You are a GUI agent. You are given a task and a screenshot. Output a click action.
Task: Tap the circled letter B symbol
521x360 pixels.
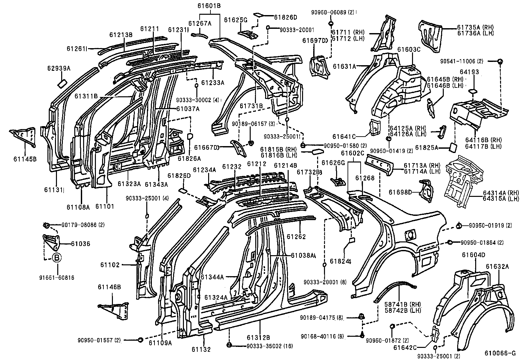(x=57, y=258)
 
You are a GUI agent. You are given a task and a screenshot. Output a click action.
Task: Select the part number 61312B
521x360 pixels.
(x=259, y=337)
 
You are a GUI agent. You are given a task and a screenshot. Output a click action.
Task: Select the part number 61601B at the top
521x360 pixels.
(x=209, y=6)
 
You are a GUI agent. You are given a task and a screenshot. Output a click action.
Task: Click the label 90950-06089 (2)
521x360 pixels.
(x=332, y=12)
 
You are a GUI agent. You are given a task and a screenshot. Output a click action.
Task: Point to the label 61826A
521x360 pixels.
(x=189, y=159)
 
